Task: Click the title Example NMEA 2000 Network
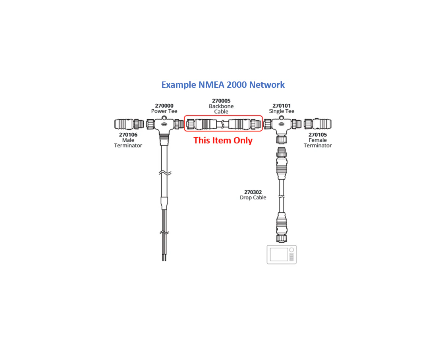(223, 85)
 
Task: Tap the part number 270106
(128, 135)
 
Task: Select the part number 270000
(164, 106)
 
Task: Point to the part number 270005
(221, 101)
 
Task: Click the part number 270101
(282, 106)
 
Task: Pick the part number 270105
(318, 135)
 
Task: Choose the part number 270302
(253, 192)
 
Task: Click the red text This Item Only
(223, 140)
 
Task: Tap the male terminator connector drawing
(128, 124)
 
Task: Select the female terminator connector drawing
(318, 124)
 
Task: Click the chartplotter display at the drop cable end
(282, 254)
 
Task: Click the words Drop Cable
(253, 197)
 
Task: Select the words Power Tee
(164, 111)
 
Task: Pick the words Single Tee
(282, 111)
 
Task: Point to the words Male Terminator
(128, 143)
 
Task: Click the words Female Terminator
(318, 143)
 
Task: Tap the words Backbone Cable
(221, 109)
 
